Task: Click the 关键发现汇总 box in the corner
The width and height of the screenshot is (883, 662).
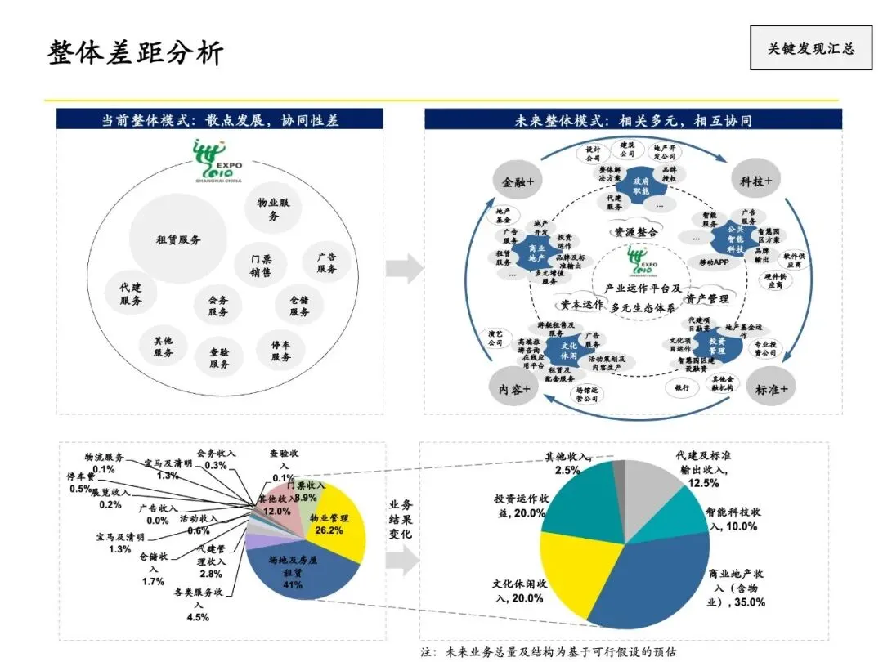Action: [810, 47]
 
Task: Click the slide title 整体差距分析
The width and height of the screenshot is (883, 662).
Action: [136, 51]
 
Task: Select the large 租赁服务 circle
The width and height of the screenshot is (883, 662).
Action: [178, 239]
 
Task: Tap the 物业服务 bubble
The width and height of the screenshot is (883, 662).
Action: [273, 209]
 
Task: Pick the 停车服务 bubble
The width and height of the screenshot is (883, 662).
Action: [281, 351]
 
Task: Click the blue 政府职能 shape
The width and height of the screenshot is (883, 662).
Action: [641, 185]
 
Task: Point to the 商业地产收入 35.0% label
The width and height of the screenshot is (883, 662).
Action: [737, 588]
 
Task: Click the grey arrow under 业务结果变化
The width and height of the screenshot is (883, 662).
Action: [401, 561]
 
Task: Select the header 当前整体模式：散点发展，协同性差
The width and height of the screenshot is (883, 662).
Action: [219, 120]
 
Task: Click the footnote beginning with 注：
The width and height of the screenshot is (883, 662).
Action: [549, 652]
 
